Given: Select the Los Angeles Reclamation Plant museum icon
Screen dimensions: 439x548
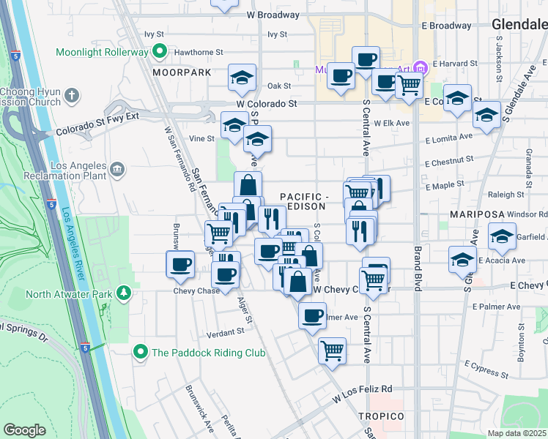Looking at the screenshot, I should (x=117, y=171).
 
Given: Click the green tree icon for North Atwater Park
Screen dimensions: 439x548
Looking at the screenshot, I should (x=125, y=294).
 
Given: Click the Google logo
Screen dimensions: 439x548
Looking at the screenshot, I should (x=25, y=430).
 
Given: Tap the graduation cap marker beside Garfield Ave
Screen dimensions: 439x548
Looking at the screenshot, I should (x=503, y=236).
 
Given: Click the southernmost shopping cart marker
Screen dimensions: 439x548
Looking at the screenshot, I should (x=333, y=350).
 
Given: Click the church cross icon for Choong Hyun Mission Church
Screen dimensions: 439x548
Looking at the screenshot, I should (x=72, y=95).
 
